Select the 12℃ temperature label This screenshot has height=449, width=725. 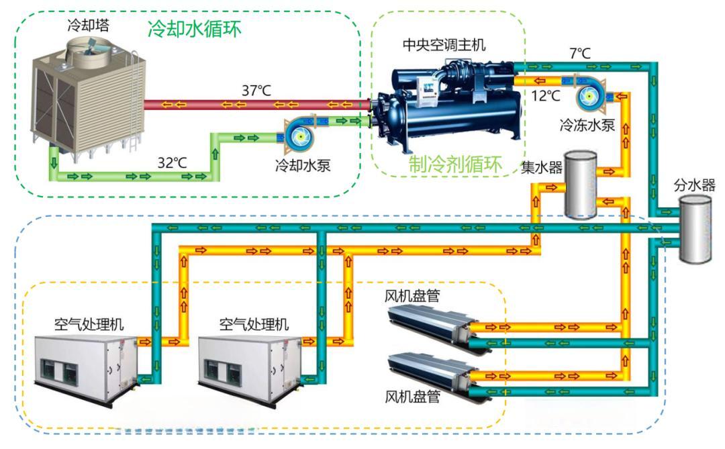pos(544,95)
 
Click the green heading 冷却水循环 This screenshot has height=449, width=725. pos(194,29)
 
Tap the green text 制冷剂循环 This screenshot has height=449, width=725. pos(456,166)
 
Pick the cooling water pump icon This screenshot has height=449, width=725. pos(296,133)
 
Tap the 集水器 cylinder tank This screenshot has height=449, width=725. pos(580,184)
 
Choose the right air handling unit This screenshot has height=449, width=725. pos(250,366)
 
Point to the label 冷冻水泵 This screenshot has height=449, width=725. pos(587,125)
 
